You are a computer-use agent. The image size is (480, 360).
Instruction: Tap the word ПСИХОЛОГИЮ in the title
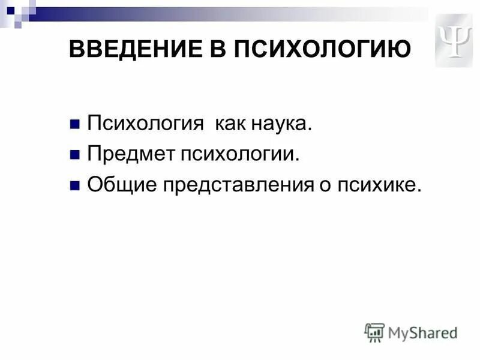(325, 49)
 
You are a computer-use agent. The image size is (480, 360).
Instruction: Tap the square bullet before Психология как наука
(74, 125)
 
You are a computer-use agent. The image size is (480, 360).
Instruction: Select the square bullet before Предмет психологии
(74, 155)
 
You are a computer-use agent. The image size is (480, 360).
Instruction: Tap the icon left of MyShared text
(374, 332)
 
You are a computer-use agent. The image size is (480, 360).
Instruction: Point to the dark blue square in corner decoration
(10, 10)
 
